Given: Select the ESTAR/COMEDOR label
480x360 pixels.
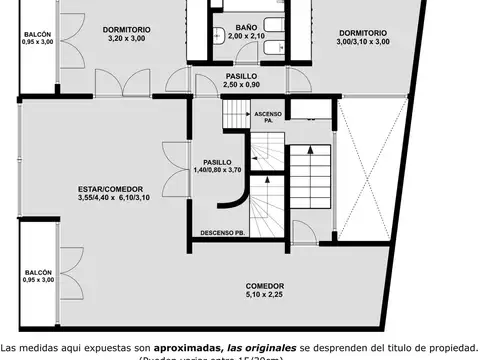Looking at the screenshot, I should point(110,189).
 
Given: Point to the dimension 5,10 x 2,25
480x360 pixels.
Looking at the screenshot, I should point(266,295).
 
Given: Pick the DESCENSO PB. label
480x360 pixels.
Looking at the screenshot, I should point(222,233).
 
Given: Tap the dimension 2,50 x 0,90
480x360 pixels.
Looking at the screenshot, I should point(241,85).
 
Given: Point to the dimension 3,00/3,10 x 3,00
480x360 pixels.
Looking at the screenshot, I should point(362,42).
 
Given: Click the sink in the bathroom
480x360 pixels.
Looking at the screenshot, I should point(217,33).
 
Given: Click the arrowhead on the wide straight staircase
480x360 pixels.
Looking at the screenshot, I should point(313,148).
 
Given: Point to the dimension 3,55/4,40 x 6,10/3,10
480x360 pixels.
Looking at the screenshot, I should point(111,198).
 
